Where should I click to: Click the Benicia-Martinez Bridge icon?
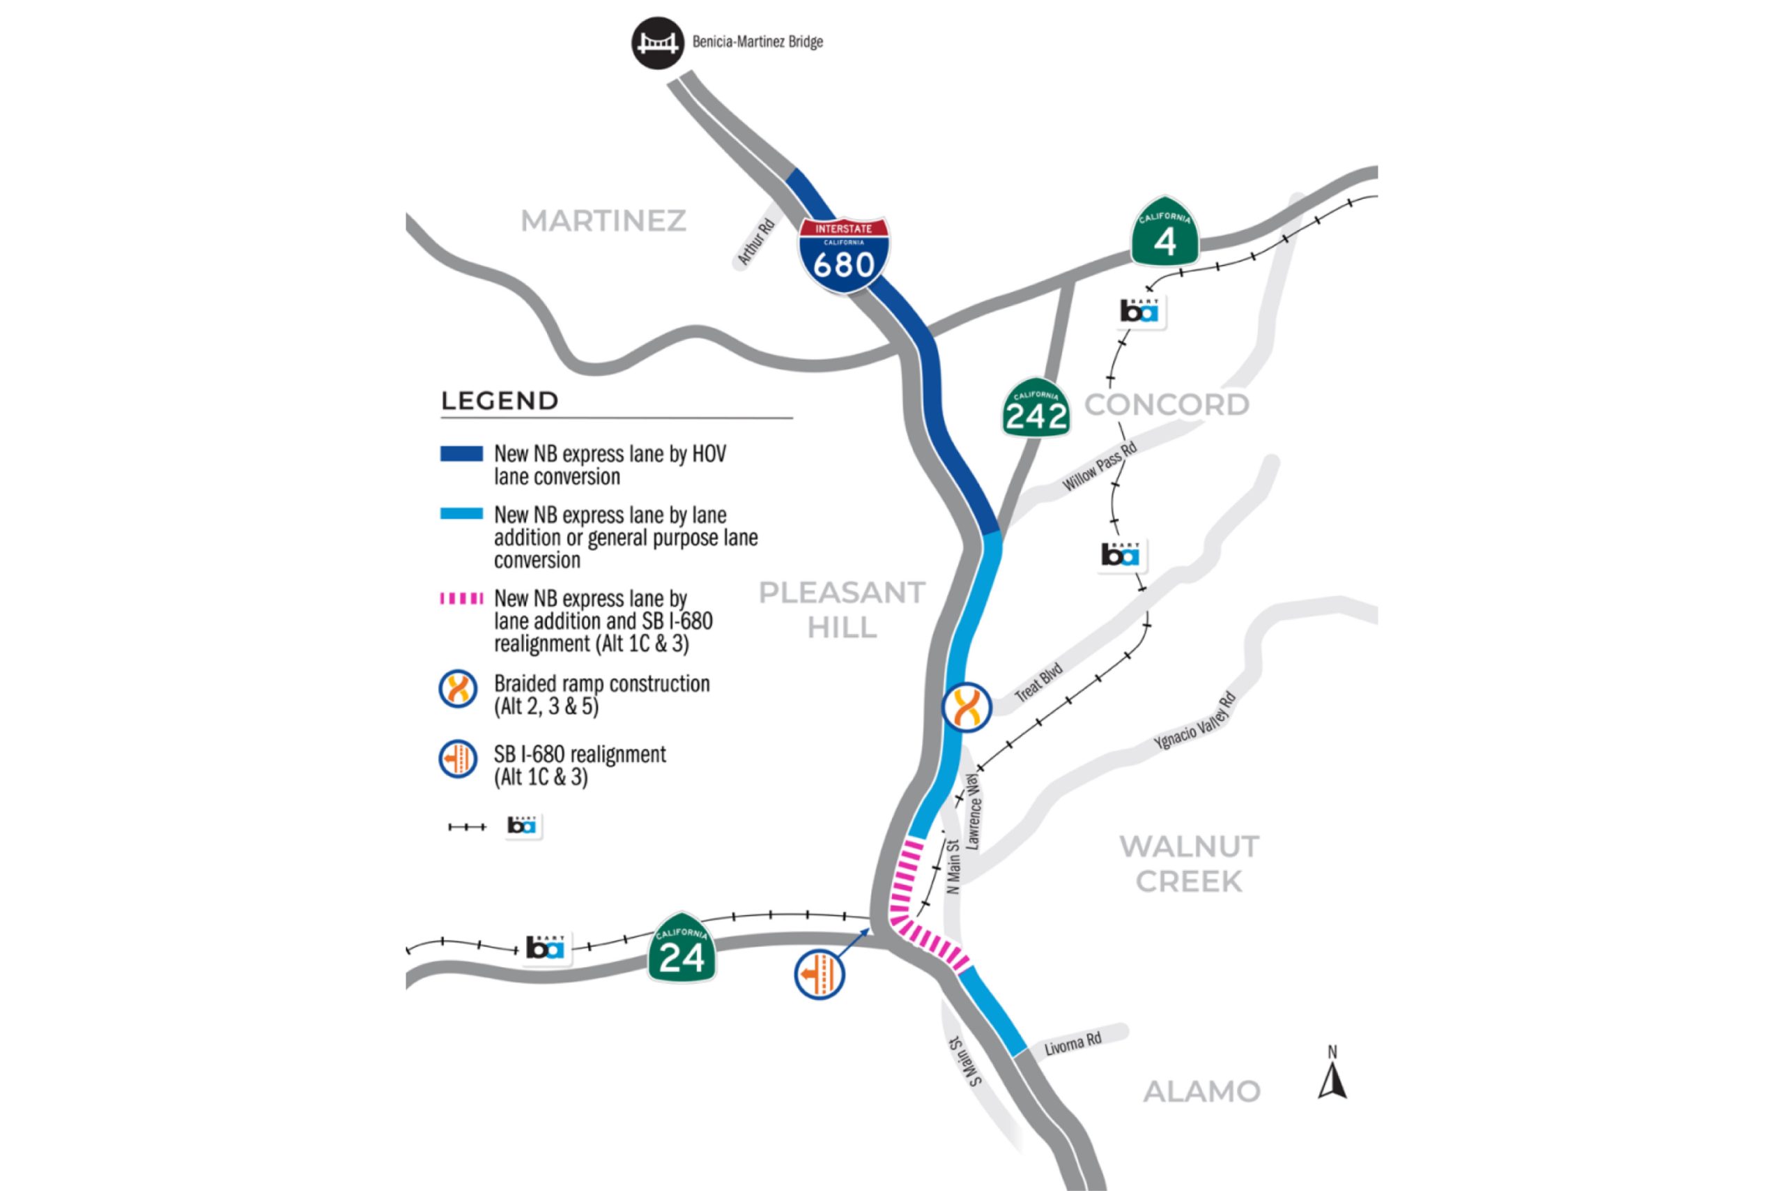(x=657, y=43)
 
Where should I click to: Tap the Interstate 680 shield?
(x=843, y=255)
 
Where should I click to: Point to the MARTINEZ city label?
(x=603, y=221)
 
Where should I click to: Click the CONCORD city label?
(x=1167, y=405)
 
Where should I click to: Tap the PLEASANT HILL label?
(x=842, y=610)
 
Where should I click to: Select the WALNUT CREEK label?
(x=1189, y=864)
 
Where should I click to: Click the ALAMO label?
(x=1201, y=1091)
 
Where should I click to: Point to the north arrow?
(x=1332, y=1075)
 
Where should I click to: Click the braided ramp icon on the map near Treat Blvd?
(x=967, y=707)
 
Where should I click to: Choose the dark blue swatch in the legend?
(x=461, y=454)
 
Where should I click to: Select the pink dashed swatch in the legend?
(x=461, y=598)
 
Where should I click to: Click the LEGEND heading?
(x=500, y=401)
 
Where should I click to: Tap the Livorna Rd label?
(x=1072, y=1045)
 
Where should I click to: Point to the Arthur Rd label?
(x=755, y=242)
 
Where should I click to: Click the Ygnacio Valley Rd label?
(x=1195, y=722)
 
